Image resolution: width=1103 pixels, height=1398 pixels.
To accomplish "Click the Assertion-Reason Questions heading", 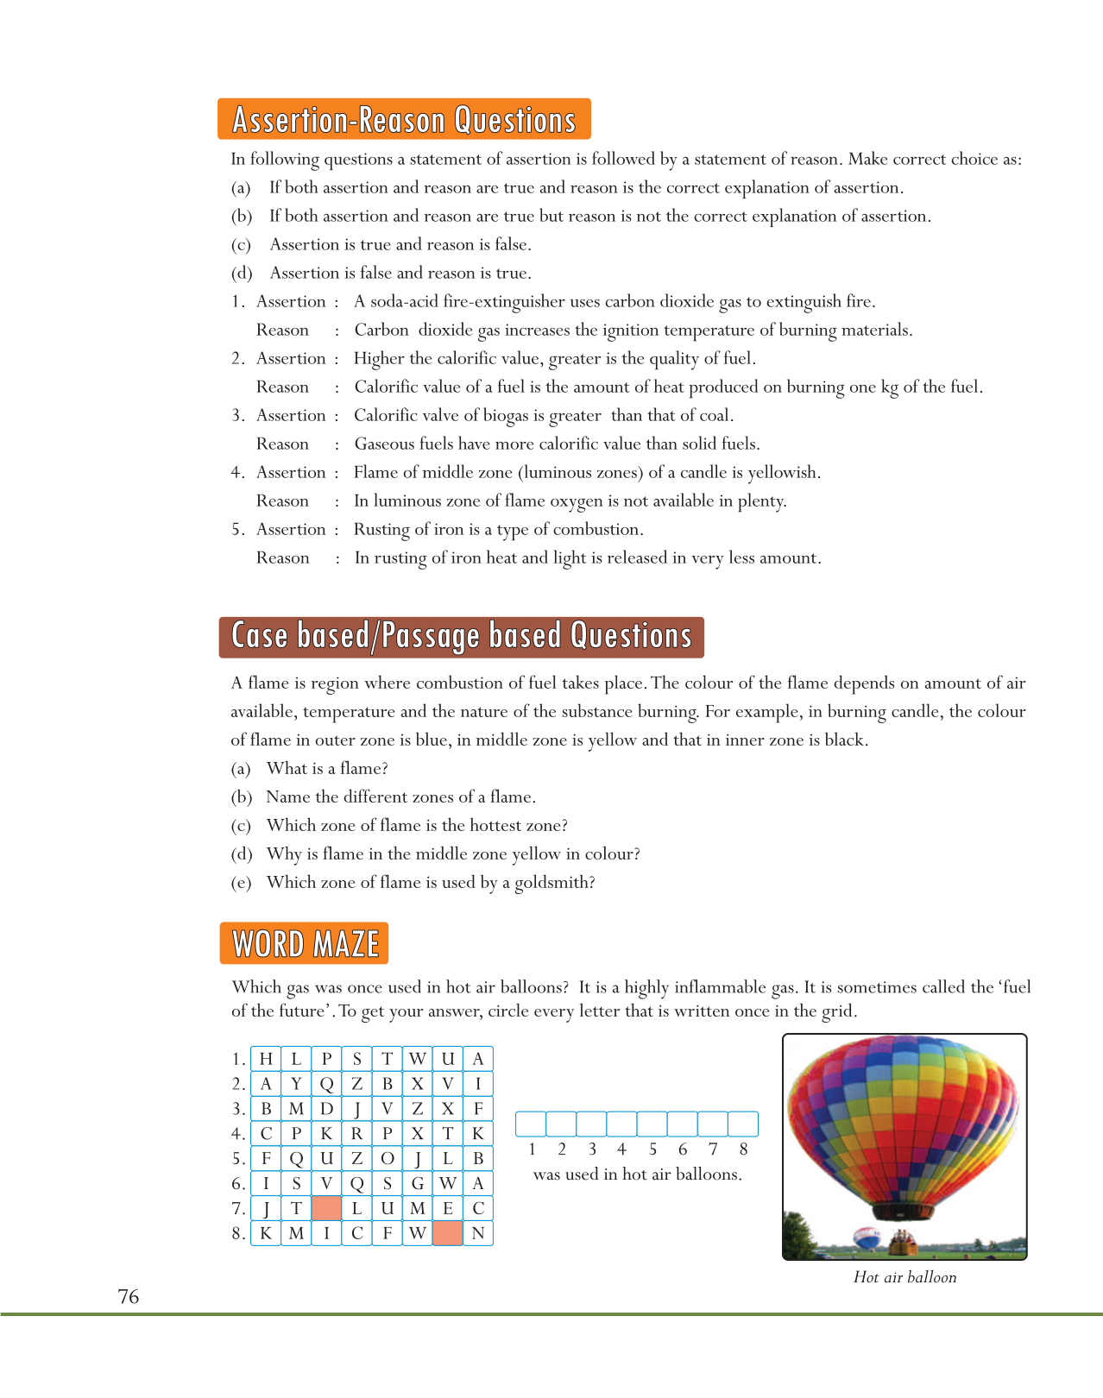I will tap(404, 120).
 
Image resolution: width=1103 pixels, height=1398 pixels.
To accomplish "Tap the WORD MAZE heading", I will tap(305, 943).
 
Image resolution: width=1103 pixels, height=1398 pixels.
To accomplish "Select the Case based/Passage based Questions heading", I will tap(462, 637).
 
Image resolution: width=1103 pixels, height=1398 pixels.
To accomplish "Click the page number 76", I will tap(129, 1297).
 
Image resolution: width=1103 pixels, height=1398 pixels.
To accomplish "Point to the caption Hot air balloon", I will tap(904, 1277).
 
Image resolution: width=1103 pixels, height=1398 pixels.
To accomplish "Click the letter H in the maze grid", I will tap(266, 1059).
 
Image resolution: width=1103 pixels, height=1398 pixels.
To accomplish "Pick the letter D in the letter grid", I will tap(326, 1109).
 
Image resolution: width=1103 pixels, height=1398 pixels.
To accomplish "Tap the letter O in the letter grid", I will tap(388, 1158).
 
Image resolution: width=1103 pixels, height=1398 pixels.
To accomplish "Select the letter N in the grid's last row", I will tap(478, 1233).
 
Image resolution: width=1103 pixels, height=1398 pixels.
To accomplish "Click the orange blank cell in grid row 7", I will tap(326, 1208).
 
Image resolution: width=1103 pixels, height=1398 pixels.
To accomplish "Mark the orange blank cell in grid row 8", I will tap(447, 1233).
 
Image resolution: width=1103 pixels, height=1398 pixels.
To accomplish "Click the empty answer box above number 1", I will tap(531, 1124).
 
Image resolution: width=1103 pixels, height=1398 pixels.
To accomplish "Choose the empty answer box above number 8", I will tap(743, 1124).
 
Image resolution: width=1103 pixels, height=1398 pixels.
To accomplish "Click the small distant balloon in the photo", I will tap(867, 1237).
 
